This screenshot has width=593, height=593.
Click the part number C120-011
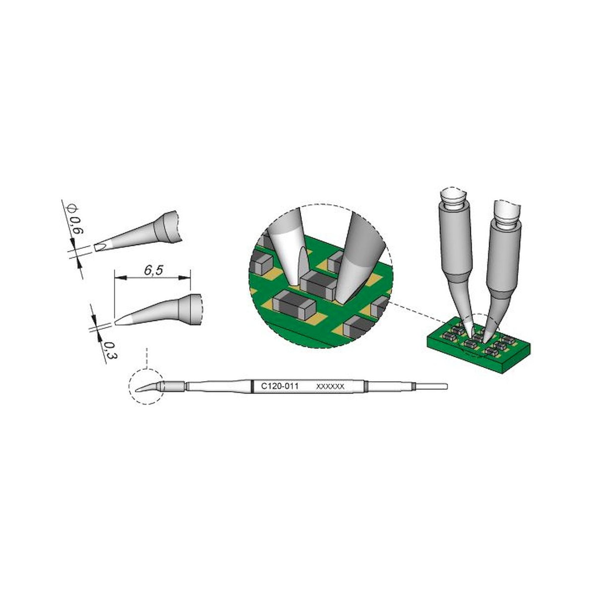pos(279,386)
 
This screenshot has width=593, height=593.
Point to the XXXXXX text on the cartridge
pos(330,387)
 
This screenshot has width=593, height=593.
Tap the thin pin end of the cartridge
pos(431,385)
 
